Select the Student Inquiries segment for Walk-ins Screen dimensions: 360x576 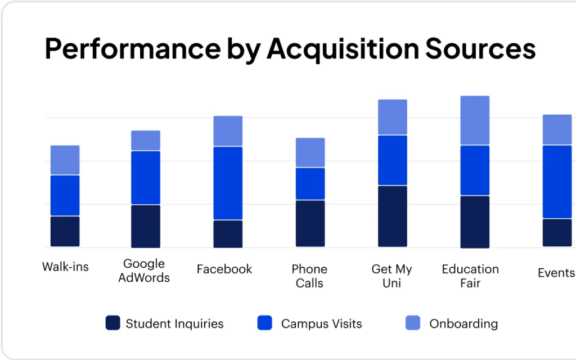tap(65, 231)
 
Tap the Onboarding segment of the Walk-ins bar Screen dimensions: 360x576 tap(65, 160)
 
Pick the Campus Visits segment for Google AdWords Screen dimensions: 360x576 tap(146, 178)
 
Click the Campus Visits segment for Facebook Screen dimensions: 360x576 tap(228, 183)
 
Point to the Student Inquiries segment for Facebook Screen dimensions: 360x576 tap(228, 233)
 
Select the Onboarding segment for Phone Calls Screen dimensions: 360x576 tap(310, 152)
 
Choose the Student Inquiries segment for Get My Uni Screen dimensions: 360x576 tap(392, 216)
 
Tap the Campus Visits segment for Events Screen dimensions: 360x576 tap(557, 182)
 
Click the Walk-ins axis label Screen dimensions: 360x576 tap(65, 266)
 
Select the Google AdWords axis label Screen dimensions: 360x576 tap(144, 271)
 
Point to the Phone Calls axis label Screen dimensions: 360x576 tap(309, 276)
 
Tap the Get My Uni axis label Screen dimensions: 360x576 tap(391, 276)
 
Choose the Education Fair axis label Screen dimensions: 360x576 tap(470, 276)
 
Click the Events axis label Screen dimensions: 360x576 tap(556, 273)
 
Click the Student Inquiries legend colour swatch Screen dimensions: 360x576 tap(112, 323)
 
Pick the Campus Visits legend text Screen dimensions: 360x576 tap(321, 323)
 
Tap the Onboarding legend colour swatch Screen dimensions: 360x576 tap(413, 323)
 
